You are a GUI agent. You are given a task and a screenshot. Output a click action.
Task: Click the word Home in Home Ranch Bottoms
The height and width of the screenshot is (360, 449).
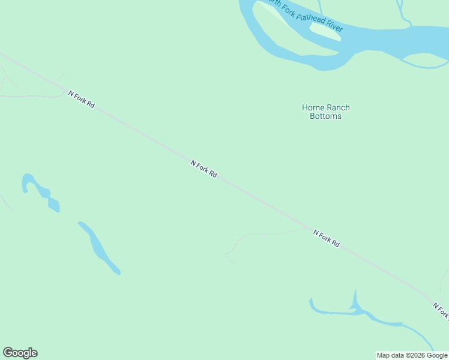tap(312, 108)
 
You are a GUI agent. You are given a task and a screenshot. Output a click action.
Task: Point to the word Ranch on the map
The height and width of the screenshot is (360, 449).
tap(338, 108)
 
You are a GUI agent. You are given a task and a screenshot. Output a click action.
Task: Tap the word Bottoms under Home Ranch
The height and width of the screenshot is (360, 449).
tap(325, 116)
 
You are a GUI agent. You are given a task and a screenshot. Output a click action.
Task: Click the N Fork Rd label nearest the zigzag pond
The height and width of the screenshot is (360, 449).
tap(82, 99)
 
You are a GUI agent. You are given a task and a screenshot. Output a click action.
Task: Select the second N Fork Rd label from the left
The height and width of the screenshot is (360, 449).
tap(203, 169)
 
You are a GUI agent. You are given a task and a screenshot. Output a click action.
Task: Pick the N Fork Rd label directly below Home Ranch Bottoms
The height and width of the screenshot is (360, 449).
tap(326, 238)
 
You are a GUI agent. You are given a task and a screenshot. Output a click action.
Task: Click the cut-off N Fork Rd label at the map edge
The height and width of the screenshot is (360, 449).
tap(441, 310)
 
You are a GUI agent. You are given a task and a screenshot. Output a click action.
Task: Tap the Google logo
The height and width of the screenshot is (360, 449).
tap(20, 353)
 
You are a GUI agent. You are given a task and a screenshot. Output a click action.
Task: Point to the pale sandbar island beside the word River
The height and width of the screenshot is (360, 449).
tap(325, 31)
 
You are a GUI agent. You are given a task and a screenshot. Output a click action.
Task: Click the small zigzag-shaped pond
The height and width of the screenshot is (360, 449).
tap(41, 192)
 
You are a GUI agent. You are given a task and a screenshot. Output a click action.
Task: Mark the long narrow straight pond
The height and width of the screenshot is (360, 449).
tap(99, 247)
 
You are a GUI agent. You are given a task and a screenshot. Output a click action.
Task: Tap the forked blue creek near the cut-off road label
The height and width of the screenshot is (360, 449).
tap(354, 308)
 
